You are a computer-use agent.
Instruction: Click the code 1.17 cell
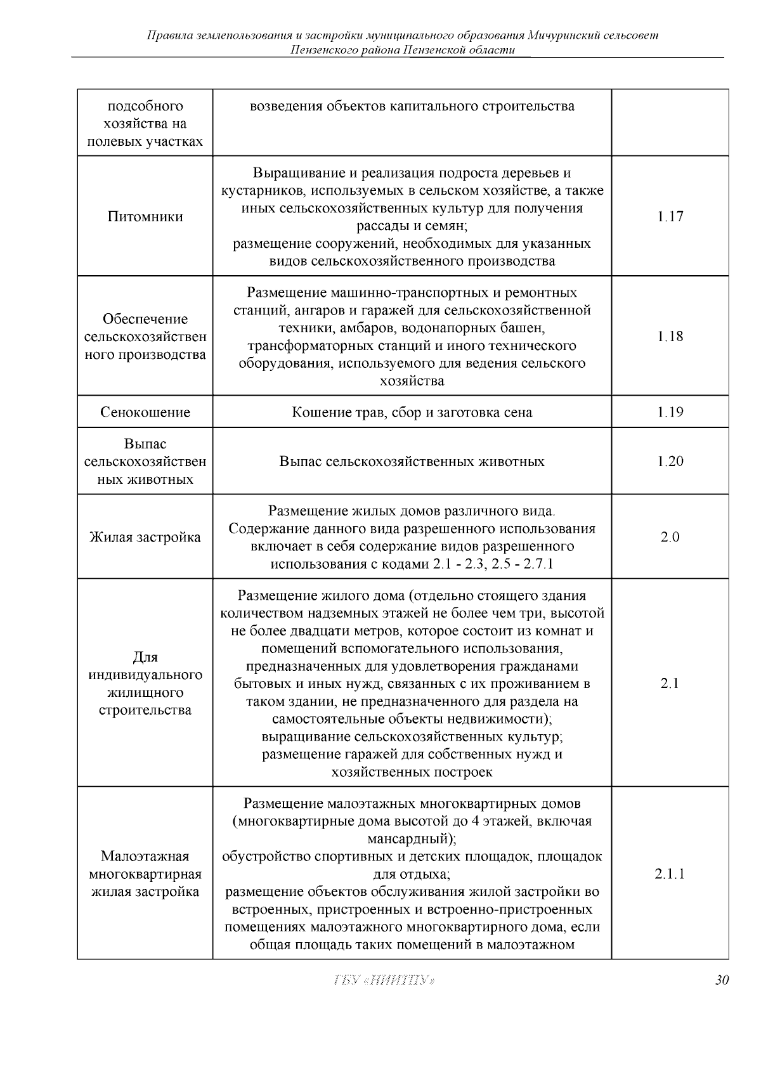[x=670, y=216]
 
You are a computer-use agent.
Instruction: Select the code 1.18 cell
[x=670, y=336]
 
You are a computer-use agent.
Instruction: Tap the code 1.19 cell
[x=670, y=412]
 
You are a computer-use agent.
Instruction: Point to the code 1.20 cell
[x=670, y=461]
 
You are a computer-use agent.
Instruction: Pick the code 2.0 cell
[x=670, y=537]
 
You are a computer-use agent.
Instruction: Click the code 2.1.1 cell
[x=670, y=874]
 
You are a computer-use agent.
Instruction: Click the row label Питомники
[x=145, y=216]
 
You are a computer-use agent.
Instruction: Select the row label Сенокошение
[x=145, y=412]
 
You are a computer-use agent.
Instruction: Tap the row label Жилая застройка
[x=145, y=537]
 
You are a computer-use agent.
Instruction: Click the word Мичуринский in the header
[x=563, y=35]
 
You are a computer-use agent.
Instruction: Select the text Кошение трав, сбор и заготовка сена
[x=412, y=412]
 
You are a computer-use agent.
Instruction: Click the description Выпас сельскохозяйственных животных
[x=412, y=461]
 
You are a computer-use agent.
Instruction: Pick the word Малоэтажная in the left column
[x=145, y=856]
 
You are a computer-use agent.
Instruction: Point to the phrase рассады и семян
[x=412, y=226]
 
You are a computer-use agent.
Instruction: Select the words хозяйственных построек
[x=412, y=772]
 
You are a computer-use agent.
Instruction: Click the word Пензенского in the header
[x=321, y=49]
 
